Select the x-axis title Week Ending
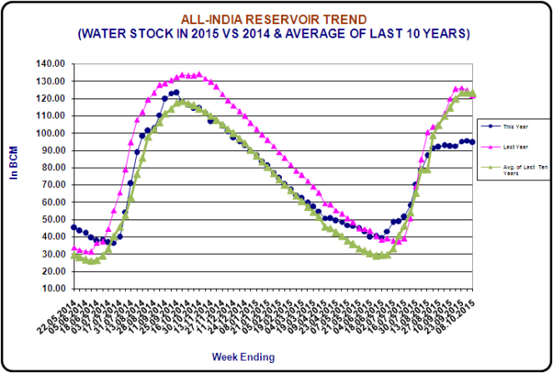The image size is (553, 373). point(243,356)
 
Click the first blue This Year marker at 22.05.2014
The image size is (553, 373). point(73,227)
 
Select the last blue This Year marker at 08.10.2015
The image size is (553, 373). point(473,142)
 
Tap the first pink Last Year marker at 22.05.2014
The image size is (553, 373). point(73,248)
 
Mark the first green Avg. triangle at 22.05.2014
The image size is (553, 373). point(73,256)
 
